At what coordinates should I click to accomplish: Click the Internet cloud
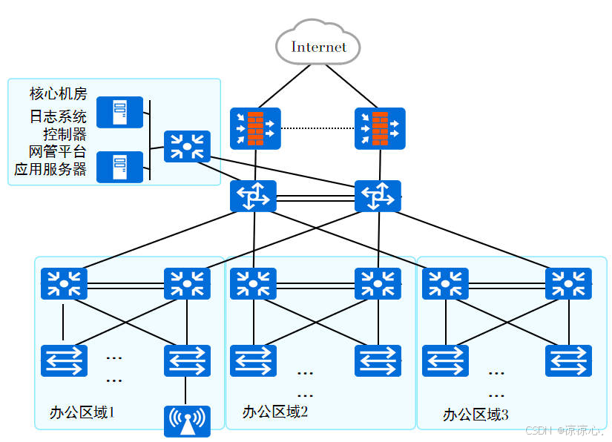[x=318, y=47]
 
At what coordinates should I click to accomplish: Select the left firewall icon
[x=255, y=128]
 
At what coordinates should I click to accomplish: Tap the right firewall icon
[x=380, y=128]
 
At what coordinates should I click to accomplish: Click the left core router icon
[x=253, y=197]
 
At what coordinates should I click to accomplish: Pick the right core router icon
[x=378, y=197]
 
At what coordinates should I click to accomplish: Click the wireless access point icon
[x=187, y=420]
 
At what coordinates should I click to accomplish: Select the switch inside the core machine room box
[x=187, y=146]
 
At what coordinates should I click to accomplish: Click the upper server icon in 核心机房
[x=119, y=112]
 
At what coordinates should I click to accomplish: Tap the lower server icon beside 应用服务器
[x=119, y=167]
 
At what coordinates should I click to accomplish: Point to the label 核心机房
[x=58, y=93]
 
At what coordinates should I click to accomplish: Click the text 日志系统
[x=58, y=116]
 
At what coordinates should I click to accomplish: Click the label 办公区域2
[x=274, y=412]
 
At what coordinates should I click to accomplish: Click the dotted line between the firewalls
[x=317, y=128]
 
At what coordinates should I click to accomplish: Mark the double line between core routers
[x=315, y=197]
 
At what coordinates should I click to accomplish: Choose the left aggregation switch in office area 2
[x=253, y=283]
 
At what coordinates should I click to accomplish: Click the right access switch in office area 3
[x=568, y=360]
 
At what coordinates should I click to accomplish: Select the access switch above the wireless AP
[x=187, y=360]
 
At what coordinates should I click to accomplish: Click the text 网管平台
[x=58, y=151]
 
